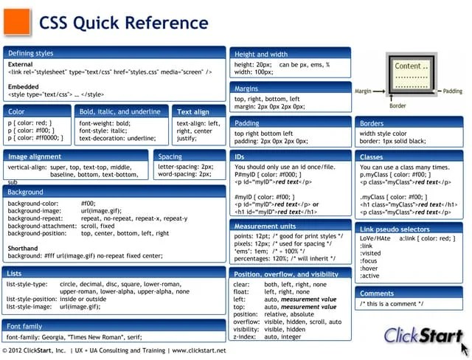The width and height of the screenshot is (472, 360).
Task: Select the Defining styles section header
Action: point(30,53)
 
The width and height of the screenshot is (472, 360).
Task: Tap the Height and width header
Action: point(261,54)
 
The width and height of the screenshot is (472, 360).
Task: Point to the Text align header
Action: point(194,111)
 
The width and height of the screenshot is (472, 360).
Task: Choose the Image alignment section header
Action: point(35,156)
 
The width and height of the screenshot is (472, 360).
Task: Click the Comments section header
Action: point(377,293)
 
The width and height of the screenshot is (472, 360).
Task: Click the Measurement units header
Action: point(265,226)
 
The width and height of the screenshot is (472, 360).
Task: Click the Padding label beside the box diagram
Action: point(451,91)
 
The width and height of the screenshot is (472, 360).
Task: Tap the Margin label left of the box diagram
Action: point(363,91)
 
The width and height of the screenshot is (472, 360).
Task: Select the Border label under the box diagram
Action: point(398,105)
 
